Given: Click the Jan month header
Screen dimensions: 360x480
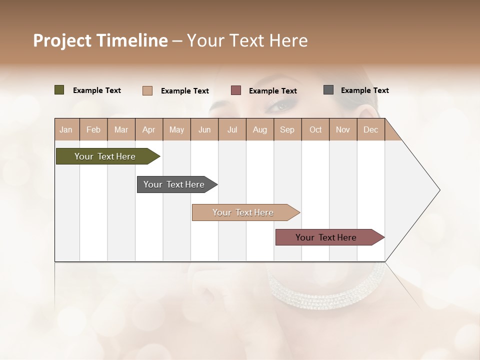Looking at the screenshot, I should (x=66, y=129).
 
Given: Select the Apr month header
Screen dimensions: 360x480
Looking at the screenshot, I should (x=148, y=129).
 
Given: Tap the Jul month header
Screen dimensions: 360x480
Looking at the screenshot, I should (x=232, y=129).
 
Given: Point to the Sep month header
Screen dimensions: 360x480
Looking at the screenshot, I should (x=287, y=129).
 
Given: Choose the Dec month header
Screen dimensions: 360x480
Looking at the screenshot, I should (x=370, y=129).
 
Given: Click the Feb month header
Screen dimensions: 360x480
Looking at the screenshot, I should (x=93, y=129).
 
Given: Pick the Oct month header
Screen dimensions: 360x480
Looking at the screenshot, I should (x=315, y=129).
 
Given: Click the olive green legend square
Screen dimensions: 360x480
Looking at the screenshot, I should (x=59, y=90).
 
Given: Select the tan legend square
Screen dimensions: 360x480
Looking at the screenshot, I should (x=147, y=90).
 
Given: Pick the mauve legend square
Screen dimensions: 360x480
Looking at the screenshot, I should (x=236, y=90).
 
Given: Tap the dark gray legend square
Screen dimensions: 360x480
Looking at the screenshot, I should (x=328, y=90).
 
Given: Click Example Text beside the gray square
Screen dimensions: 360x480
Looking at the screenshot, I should (x=364, y=90).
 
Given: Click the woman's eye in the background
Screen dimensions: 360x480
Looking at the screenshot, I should (x=281, y=105).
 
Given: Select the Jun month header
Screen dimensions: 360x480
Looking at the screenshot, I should (x=204, y=129).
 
